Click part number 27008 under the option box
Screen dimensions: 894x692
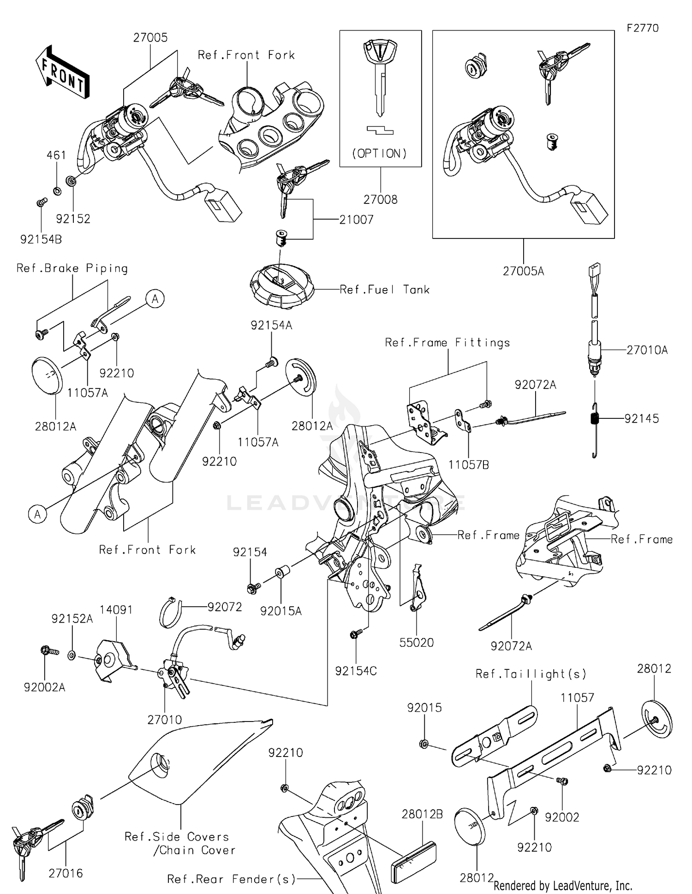click(380, 200)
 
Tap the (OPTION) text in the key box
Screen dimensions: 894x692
click(380, 154)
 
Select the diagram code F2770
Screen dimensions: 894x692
click(643, 28)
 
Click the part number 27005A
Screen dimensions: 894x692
click(523, 271)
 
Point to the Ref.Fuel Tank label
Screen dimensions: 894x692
click(384, 290)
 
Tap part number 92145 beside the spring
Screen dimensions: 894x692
click(642, 418)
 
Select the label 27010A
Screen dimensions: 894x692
click(647, 350)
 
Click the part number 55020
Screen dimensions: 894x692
click(417, 643)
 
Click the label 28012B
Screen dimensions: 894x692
click(422, 814)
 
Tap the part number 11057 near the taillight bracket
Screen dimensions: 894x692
click(577, 697)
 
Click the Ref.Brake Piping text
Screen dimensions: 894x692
click(72, 268)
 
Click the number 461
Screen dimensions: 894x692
click(56, 155)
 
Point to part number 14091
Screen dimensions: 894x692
click(116, 609)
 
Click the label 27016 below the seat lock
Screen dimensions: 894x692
click(66, 873)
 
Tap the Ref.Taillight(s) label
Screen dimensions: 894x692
click(531, 674)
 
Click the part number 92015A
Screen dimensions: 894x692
click(280, 611)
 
